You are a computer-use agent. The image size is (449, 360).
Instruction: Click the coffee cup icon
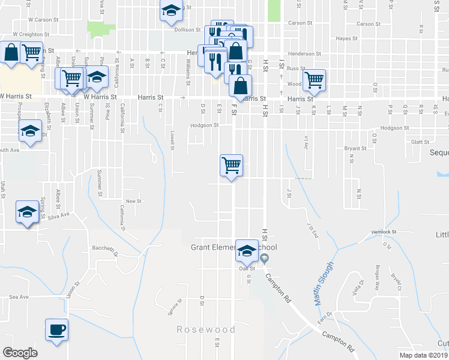point(56,330)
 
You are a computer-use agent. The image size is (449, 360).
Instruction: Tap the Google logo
point(20,353)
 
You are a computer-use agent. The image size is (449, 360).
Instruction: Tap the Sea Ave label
point(19,296)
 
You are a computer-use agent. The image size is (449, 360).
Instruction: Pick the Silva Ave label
point(59,215)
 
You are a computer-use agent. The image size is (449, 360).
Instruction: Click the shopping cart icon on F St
point(232,164)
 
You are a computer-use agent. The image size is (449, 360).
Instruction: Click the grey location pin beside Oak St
point(265,259)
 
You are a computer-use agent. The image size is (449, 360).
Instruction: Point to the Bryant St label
point(355,148)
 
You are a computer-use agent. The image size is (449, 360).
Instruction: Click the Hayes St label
point(347,38)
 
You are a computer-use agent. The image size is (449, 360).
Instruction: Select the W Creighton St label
point(25,34)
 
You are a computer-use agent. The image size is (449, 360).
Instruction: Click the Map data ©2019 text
point(424,355)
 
